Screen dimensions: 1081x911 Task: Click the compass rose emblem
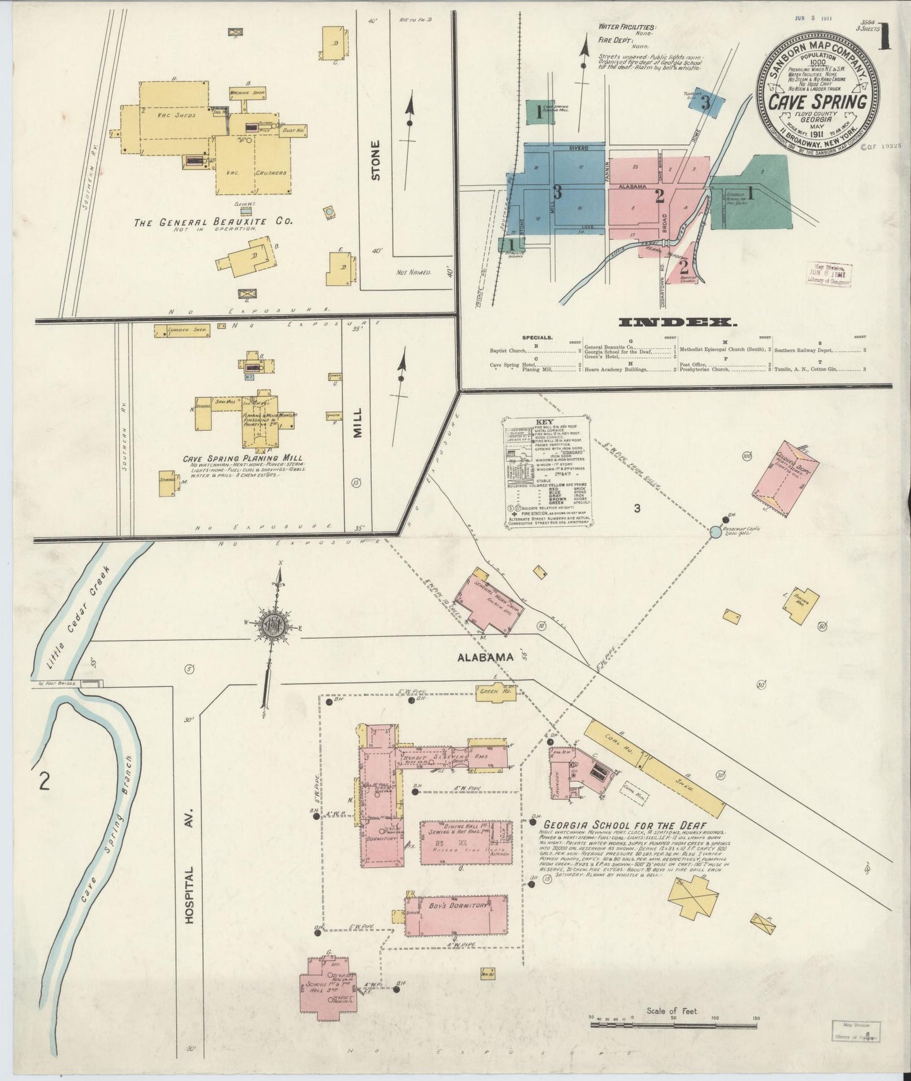click(272, 625)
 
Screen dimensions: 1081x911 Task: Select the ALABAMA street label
click(486, 657)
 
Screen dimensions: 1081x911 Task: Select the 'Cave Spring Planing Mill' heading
click(242, 459)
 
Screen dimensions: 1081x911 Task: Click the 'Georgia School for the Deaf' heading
click(624, 826)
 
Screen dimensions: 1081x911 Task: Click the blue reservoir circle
click(715, 532)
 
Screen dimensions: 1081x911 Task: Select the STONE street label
click(376, 160)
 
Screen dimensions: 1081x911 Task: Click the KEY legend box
click(547, 472)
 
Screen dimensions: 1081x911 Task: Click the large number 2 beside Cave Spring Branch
click(44, 781)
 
